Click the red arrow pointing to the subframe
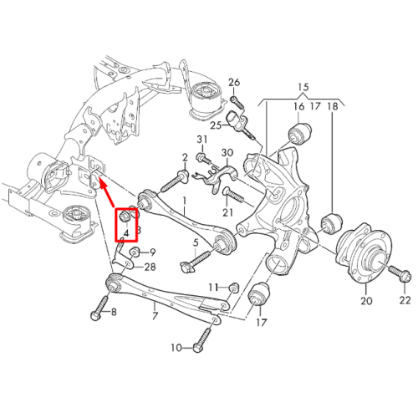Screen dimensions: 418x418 click(107, 193)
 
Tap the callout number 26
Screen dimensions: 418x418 click(234, 83)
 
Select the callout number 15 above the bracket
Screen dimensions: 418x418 click(303, 87)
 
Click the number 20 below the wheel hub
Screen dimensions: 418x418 click(366, 301)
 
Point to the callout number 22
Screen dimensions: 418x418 click(405, 300)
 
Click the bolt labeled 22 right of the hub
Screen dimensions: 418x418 click(400, 273)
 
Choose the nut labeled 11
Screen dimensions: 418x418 click(234, 287)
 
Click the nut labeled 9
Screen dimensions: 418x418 click(135, 252)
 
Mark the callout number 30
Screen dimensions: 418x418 click(227, 153)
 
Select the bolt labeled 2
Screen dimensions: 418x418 click(174, 181)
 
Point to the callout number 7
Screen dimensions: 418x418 click(155, 316)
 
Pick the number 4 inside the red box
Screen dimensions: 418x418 click(126, 234)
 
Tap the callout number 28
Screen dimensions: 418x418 click(150, 267)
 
